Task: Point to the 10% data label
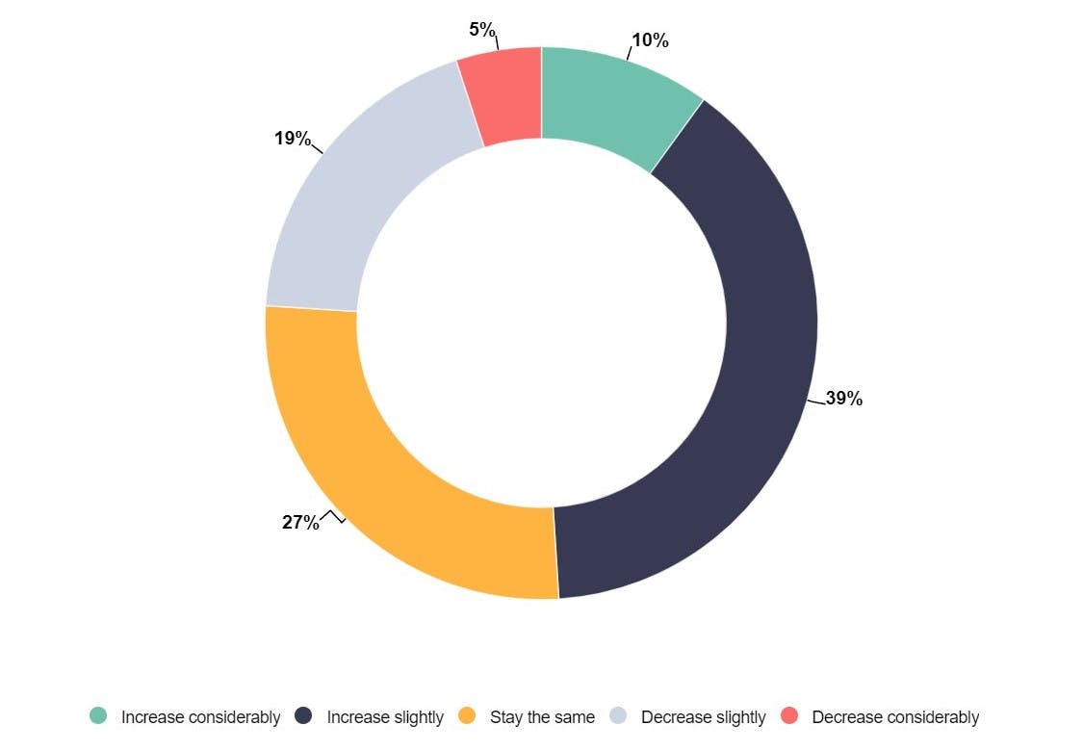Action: coord(650,40)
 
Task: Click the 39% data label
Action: coord(843,399)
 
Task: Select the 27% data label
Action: coord(300,523)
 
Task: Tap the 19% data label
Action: coord(292,139)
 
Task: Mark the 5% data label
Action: coord(482,30)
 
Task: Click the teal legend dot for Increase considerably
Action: coord(98,715)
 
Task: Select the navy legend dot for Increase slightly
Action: coord(304,715)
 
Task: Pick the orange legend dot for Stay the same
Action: coord(467,715)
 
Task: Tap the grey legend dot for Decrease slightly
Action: coord(618,715)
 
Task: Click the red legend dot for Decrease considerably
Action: coord(789,715)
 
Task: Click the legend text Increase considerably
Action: coord(200,717)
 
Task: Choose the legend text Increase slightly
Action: coord(385,717)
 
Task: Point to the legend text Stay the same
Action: coord(542,717)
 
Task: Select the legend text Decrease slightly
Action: coord(703,717)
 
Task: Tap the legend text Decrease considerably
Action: coord(895,717)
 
